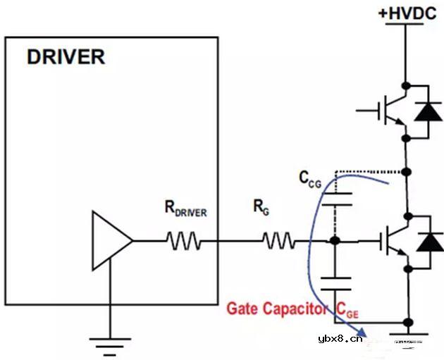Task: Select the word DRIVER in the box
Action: point(66,57)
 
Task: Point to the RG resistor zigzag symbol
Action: point(279,242)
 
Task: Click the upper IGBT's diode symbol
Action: point(428,110)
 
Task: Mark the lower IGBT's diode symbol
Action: point(428,242)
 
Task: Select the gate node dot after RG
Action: point(335,242)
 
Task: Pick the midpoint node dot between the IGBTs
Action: point(406,173)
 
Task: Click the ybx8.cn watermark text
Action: point(340,337)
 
